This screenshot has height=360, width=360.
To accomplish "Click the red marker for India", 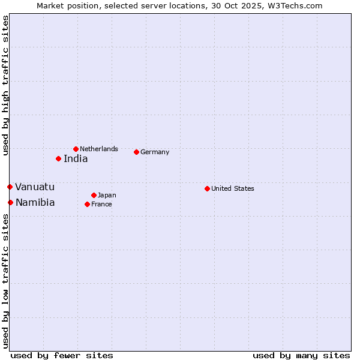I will pyautogui.click(x=58, y=159).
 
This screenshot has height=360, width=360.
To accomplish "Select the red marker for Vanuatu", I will pyautogui.click(x=10, y=187).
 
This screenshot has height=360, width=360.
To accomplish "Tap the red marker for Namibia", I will pyautogui.click(x=10, y=202).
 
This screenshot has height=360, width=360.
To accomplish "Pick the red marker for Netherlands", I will pyautogui.click(x=76, y=149).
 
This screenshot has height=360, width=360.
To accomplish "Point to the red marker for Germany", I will pyautogui.click(x=136, y=152).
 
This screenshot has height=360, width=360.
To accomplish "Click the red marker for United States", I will pyautogui.click(x=207, y=188).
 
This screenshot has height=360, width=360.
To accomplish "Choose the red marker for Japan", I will pyautogui.click(x=94, y=195).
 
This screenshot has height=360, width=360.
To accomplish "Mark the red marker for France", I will pyautogui.click(x=87, y=204).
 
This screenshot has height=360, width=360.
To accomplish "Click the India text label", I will pyautogui.click(x=76, y=159).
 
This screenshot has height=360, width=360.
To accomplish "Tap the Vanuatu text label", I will pyautogui.click(x=35, y=187).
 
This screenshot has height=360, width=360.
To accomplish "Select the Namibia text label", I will pyautogui.click(x=35, y=202).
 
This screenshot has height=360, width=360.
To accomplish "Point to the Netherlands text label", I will pyautogui.click(x=99, y=149).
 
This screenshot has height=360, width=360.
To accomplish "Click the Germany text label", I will pyautogui.click(x=155, y=152).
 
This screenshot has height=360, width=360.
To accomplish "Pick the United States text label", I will pyautogui.click(x=233, y=188).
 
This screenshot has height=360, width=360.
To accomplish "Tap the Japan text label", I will pyautogui.click(x=107, y=195).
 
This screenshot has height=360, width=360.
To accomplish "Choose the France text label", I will pyautogui.click(x=101, y=204).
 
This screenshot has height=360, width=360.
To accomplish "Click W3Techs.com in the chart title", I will pyautogui.click(x=295, y=6).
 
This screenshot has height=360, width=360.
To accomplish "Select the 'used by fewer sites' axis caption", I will pyautogui.click(x=62, y=355).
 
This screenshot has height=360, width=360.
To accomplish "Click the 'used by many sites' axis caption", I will pyautogui.click(x=301, y=355).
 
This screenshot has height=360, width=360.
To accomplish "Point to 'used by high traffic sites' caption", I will pyautogui.click(x=5, y=85).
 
